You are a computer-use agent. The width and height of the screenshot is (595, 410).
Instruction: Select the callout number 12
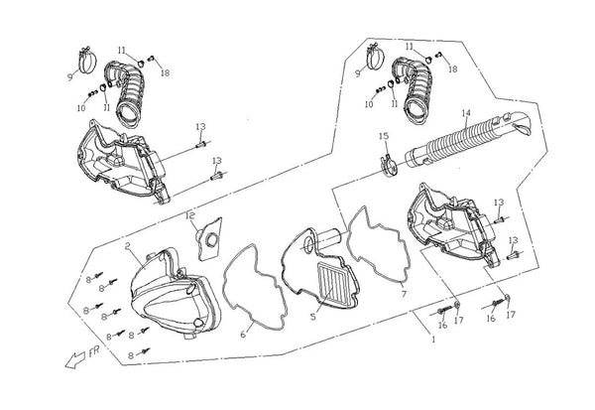[x=191, y=215]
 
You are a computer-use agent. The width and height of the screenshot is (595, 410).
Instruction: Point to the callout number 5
[x=312, y=318]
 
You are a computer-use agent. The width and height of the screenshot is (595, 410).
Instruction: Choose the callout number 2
[x=128, y=244]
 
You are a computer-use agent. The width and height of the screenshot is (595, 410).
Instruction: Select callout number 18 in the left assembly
[x=166, y=72]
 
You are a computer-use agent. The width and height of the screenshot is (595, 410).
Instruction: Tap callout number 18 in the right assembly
[x=452, y=69]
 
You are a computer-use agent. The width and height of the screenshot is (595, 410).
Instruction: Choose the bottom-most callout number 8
[x=129, y=353]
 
